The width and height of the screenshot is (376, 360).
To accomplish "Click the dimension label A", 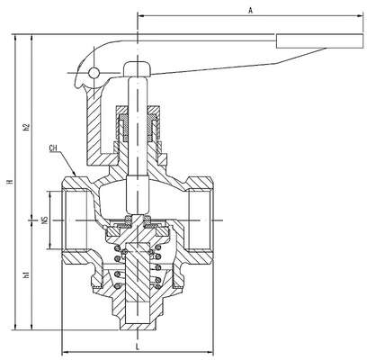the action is coord(251,11).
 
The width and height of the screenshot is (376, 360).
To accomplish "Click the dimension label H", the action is coord(10,182).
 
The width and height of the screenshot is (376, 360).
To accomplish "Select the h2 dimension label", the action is coord(27,127).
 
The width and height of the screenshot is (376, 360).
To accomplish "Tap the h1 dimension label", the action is coord(27,274).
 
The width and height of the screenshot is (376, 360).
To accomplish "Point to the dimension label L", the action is coord(138,347).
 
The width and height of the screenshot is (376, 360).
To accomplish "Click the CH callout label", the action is coord(53,148).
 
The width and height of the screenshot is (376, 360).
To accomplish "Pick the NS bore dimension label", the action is coord(45,220).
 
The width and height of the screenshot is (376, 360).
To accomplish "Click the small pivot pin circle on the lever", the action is coord(94,72).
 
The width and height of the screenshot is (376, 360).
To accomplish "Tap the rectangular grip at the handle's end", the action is coord(320,40).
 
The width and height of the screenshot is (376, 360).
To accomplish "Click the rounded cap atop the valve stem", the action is coord(137,69).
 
